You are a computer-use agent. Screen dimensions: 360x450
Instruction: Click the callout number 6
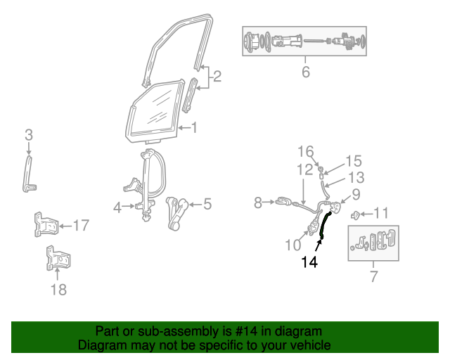point(305,72)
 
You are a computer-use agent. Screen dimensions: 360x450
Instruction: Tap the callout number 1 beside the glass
point(194,128)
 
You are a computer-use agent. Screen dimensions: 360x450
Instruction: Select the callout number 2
point(217,76)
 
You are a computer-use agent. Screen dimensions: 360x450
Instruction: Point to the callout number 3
point(29,134)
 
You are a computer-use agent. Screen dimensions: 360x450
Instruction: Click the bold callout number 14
point(309,262)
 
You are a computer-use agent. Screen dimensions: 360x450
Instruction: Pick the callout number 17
point(82,226)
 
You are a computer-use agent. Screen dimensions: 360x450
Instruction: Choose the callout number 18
point(59,289)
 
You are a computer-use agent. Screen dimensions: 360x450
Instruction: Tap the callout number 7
point(373,276)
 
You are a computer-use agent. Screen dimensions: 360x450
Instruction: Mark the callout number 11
point(380,213)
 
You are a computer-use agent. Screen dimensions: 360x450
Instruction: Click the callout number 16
point(305,151)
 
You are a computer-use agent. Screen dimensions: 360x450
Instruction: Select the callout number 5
point(207,205)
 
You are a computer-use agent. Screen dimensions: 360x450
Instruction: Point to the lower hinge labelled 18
point(56,258)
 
